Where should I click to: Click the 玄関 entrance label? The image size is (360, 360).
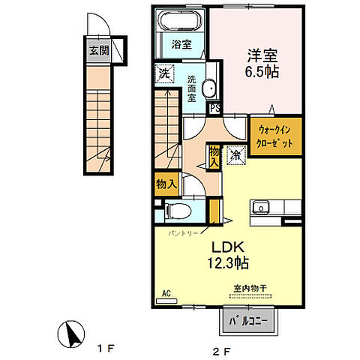(x=100, y=51)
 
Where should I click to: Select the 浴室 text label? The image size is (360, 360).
(x=181, y=44)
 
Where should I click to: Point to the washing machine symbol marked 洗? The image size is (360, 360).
(x=164, y=73)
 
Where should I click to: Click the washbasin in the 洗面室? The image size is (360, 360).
(x=209, y=88)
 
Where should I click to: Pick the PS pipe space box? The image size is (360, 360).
(x=214, y=108)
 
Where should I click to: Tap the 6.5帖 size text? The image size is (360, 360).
(x=262, y=72)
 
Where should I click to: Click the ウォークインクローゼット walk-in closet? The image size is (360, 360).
(x=276, y=136)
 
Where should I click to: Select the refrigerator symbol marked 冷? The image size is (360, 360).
(x=236, y=155)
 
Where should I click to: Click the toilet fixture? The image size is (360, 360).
(x=178, y=211)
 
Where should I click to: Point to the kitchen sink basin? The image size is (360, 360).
(x=260, y=207)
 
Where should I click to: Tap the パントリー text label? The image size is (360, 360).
(x=183, y=233)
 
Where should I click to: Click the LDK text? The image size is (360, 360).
(x=228, y=247)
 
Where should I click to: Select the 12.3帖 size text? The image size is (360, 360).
(x=228, y=262)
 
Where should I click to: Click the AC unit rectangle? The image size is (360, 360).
(x=166, y=301)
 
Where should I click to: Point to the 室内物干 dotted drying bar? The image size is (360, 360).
(x=250, y=296)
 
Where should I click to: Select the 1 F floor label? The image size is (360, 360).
(x=106, y=349)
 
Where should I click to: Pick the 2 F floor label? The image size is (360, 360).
(x=221, y=352)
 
